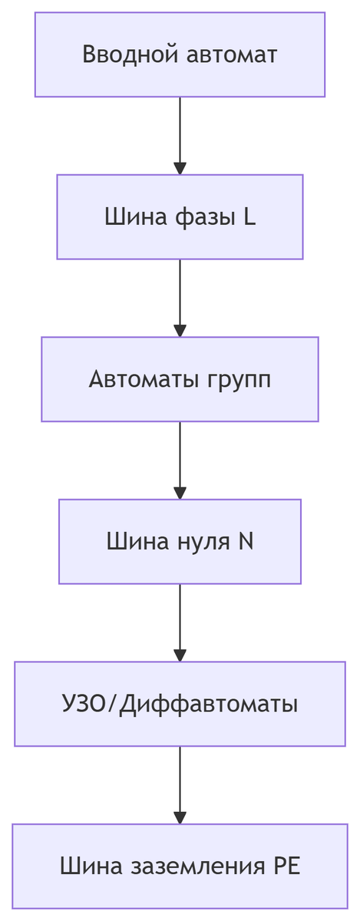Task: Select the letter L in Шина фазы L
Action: pyautogui.click(x=249, y=217)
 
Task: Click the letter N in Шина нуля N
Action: pyautogui.click(x=246, y=542)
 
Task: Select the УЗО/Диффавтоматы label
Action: pyautogui.click(x=180, y=704)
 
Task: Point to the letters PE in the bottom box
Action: pyautogui.click(x=286, y=867)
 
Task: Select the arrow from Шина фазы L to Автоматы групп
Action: pyautogui.click(x=180, y=295)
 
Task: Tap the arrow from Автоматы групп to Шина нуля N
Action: pyautogui.click(x=180, y=457)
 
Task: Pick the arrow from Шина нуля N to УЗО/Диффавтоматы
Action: pyautogui.click(x=180, y=620)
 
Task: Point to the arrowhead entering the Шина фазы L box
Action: pyautogui.click(x=180, y=169)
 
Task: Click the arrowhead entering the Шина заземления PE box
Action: pyautogui.click(x=180, y=818)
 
